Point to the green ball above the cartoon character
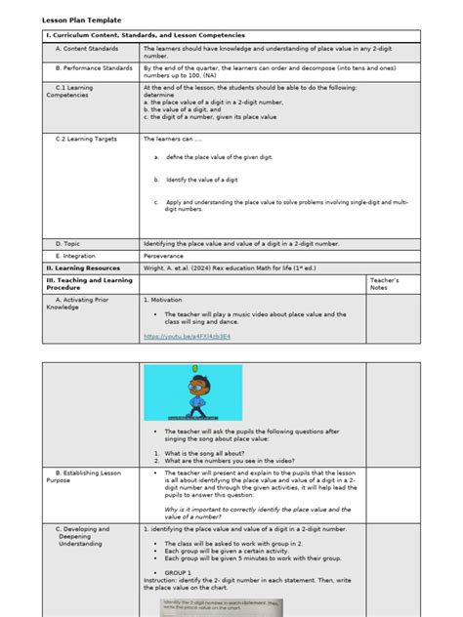[x=194, y=368]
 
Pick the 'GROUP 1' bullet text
[x=179, y=573]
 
